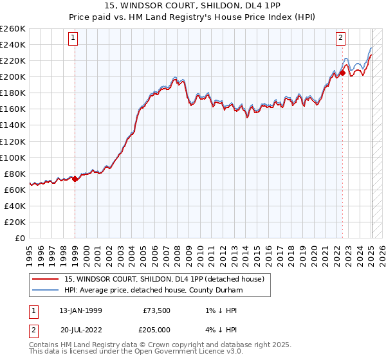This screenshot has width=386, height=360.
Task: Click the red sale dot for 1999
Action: pyautogui.click(x=75, y=179)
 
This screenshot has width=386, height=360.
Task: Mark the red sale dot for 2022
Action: pyautogui.click(x=343, y=73)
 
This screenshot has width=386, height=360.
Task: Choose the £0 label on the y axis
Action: pyautogui.click(x=21, y=238)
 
